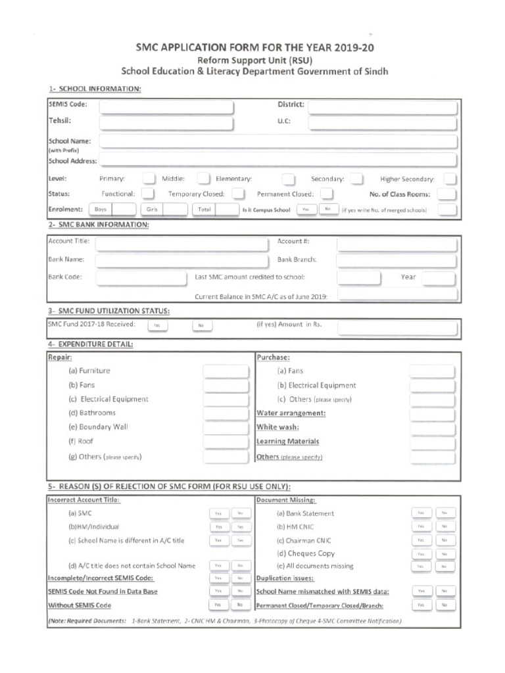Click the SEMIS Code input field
coord(166,106)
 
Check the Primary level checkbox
coord(149,179)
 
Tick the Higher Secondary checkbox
coord(450,179)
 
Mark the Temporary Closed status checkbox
coord(239,194)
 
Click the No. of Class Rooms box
coord(447,194)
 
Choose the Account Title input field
coord(182,244)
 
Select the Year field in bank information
coord(439,278)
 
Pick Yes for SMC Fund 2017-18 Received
coord(157,325)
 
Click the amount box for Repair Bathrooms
coord(226,413)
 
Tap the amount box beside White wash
coord(431,428)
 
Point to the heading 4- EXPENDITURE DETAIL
coord(91,344)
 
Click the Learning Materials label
coord(287,442)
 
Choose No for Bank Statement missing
coord(445,513)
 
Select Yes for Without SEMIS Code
coord(217,605)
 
